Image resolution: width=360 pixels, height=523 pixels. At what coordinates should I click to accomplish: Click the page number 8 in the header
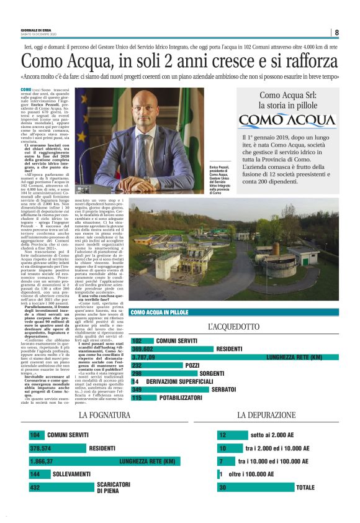coord(336,32)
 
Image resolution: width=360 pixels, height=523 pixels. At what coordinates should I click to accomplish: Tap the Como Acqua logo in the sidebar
coord(287,119)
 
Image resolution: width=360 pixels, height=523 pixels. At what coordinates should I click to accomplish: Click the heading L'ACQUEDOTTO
coord(233,326)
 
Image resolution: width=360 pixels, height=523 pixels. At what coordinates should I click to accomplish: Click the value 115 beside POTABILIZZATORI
coord(137,398)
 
